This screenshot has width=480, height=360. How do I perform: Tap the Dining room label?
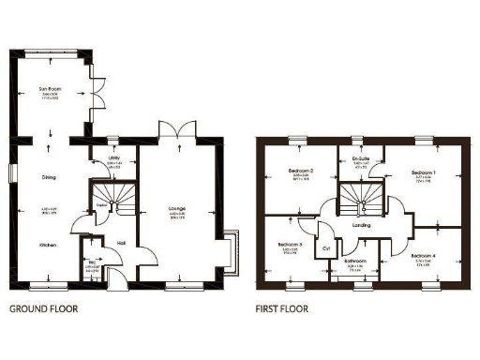click(48, 176)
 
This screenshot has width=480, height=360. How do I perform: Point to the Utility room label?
click(115, 159)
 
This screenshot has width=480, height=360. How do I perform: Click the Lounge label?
click(177, 209)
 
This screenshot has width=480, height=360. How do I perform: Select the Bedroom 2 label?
click(299, 171)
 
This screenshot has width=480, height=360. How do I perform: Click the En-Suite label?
click(359, 160)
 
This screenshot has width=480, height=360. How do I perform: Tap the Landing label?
click(361, 225)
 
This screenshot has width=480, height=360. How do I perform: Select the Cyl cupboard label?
click(326, 248)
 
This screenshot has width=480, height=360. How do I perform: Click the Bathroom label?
click(355, 262)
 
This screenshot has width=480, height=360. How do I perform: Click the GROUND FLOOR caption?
click(43, 307)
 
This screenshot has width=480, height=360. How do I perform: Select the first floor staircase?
click(356, 198)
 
